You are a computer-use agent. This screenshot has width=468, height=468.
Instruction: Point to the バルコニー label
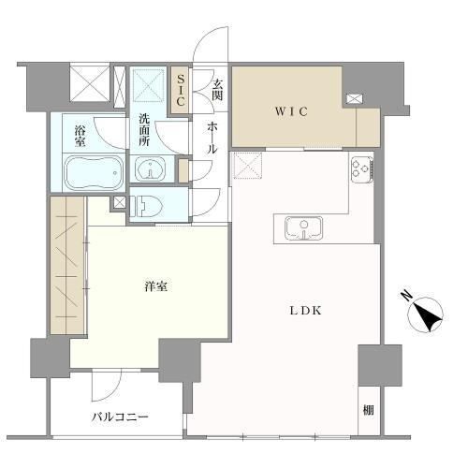tap(120, 417)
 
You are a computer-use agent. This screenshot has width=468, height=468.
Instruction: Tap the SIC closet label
tap(182, 89)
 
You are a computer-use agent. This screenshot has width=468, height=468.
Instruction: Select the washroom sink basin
tap(149, 169)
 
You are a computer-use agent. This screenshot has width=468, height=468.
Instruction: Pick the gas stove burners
tap(361, 169)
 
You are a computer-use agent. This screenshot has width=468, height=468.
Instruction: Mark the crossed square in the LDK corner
tap(248, 168)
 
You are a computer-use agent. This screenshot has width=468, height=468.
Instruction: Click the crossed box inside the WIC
tap(354, 98)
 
